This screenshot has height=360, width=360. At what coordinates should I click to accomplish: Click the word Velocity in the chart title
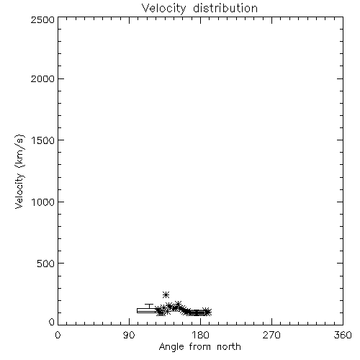click(x=163, y=9)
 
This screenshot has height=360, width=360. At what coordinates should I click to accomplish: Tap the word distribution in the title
click(x=225, y=8)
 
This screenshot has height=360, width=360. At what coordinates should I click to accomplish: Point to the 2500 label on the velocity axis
click(x=42, y=19)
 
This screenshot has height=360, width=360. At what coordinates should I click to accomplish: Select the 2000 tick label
click(x=42, y=78)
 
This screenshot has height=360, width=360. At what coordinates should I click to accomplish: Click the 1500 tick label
click(x=43, y=140)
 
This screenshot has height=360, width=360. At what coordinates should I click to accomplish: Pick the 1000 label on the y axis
click(x=43, y=202)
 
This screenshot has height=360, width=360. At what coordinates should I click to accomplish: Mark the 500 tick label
click(x=46, y=264)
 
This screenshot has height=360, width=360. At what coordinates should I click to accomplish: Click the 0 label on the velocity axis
click(x=52, y=322)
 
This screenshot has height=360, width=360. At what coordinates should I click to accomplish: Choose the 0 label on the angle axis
click(x=58, y=335)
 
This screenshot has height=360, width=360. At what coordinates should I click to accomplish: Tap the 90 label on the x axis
click(x=129, y=335)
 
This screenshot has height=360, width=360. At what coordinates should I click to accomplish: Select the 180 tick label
click(x=200, y=335)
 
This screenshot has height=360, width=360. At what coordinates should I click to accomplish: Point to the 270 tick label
click(x=271, y=335)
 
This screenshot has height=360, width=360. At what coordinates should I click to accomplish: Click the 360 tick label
click(x=343, y=335)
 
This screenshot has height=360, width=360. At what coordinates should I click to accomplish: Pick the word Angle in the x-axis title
click(x=171, y=347)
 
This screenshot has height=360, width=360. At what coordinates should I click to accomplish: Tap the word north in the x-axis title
click(x=229, y=347)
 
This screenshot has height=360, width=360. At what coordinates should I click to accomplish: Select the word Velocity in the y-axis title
click(x=19, y=191)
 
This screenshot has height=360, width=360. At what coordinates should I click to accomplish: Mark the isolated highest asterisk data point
click(x=166, y=294)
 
